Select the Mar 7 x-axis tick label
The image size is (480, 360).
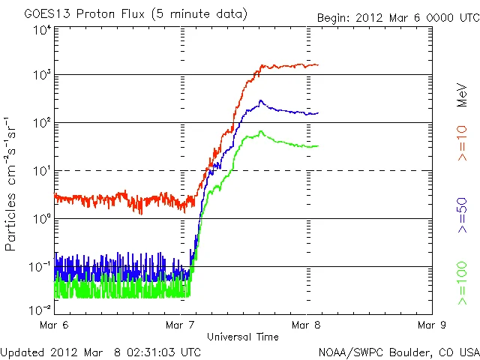[180, 325]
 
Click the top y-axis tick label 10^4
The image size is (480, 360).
[41, 30]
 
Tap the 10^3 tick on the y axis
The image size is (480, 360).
[41, 75]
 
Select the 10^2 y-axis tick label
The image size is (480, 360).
[41, 123]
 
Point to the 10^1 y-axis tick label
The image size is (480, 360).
[41, 171]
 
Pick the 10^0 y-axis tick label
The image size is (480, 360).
[41, 219]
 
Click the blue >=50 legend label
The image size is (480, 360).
[463, 217]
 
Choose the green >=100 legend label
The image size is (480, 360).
[463, 284]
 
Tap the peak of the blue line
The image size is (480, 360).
[261, 100]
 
